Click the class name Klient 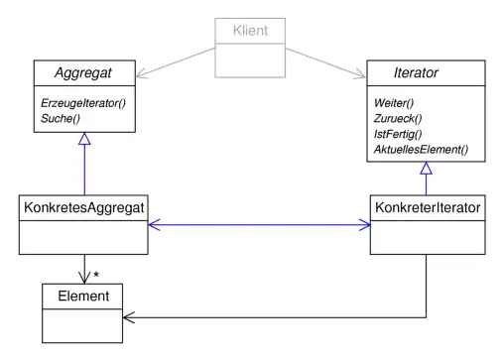(x=250, y=32)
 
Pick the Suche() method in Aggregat (x=60, y=119)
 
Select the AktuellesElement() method (x=422, y=151)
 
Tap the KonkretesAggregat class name (x=83, y=208)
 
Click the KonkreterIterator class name (x=427, y=208)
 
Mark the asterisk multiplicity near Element (x=96, y=274)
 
